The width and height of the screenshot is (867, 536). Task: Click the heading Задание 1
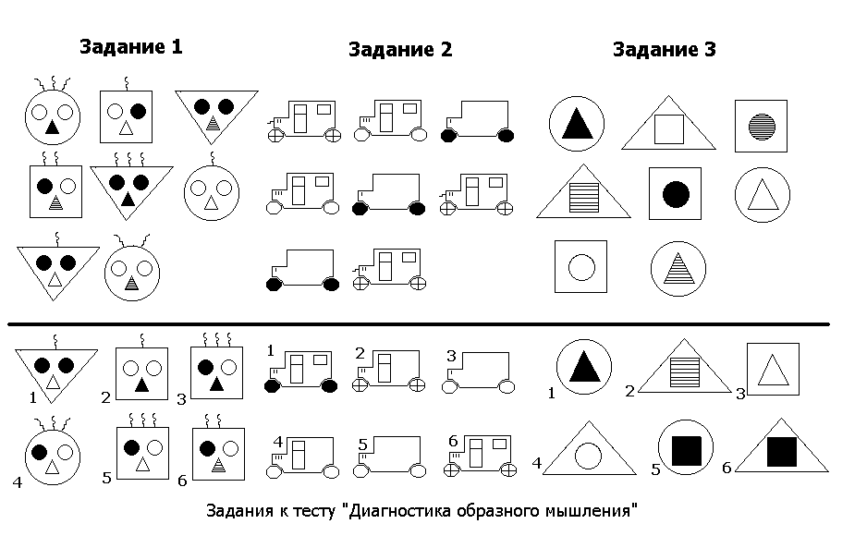pos(130,47)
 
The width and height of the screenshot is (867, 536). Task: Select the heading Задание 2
pos(399,50)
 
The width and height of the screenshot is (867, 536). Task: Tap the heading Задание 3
pos(664,50)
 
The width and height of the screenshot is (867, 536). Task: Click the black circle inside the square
pos(676,193)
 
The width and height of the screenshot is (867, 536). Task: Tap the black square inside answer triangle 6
pos(781,450)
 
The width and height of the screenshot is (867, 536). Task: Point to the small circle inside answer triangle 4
pos(588,454)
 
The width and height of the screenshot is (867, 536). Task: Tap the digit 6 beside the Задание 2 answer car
pos(452,439)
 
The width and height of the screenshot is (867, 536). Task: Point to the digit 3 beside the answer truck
pos(450,356)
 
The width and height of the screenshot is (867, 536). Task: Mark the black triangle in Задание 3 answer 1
pos(583,367)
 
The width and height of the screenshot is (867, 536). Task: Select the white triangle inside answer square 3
pos(771,371)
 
